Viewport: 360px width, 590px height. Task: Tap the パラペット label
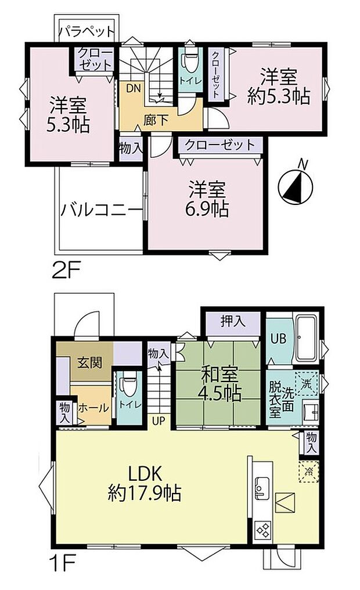pyautogui.click(x=88, y=30)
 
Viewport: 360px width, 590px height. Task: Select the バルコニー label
pyautogui.click(x=100, y=208)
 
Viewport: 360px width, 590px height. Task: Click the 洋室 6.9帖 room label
pyautogui.click(x=207, y=199)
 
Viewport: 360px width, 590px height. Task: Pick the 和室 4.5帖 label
pyautogui.click(x=221, y=385)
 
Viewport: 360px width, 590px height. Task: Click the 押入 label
pyautogui.click(x=232, y=321)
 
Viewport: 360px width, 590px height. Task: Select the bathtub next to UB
pyautogui.click(x=305, y=339)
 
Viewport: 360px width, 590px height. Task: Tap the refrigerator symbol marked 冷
pyautogui.click(x=309, y=471)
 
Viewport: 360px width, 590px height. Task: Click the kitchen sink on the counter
pyautogui.click(x=260, y=487)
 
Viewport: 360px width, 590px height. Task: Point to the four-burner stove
pyautogui.click(x=262, y=530)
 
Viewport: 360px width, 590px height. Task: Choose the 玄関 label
pyautogui.click(x=89, y=363)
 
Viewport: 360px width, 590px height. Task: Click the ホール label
pyautogui.click(x=91, y=408)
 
